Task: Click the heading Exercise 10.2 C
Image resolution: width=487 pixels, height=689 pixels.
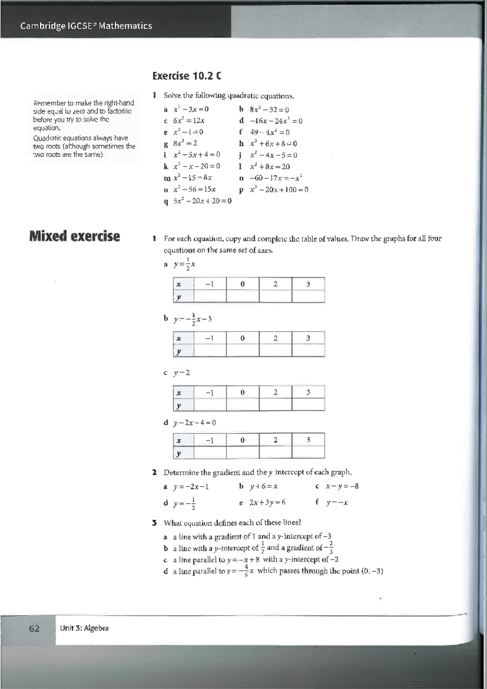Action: (187, 76)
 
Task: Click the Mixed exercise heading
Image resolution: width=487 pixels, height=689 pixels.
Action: (74, 236)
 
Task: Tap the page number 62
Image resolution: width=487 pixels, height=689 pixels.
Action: (34, 628)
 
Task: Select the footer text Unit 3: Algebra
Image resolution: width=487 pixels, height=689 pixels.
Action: (84, 628)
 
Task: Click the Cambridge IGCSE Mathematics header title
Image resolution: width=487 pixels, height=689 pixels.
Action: (86, 26)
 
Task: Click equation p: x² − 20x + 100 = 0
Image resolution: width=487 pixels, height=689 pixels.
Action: (279, 190)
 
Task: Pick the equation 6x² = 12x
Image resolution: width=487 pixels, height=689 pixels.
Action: (189, 121)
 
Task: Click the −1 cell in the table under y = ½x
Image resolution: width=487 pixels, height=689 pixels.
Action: (209, 284)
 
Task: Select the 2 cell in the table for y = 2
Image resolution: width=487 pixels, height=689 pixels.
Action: (275, 392)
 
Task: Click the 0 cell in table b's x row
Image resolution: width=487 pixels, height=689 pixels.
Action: (242, 338)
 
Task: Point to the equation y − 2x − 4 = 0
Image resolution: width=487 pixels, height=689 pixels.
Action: (194, 422)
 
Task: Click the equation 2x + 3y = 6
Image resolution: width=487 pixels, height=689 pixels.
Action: (267, 502)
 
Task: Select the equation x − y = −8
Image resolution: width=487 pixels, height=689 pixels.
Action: (342, 486)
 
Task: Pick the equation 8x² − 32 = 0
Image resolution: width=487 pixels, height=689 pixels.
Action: (269, 109)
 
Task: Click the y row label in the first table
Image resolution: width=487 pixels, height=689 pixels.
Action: (179, 297)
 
